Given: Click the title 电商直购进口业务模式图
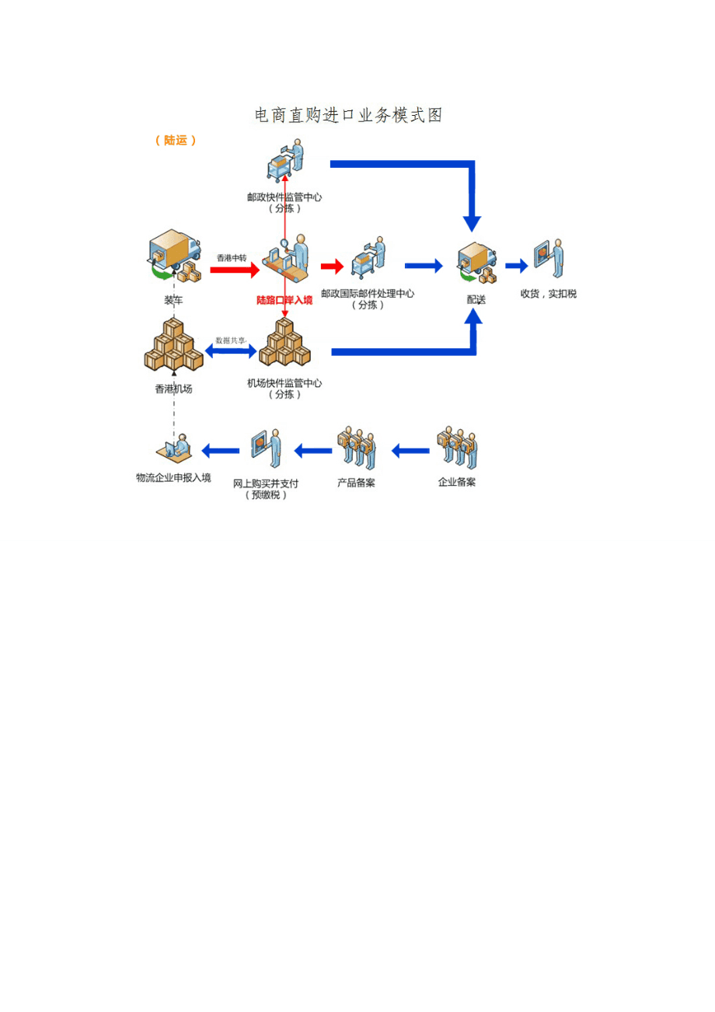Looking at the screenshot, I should (348, 116).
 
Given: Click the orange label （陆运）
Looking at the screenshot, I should (176, 141).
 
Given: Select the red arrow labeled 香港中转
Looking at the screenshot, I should (235, 270).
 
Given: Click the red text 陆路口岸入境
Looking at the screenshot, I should (284, 299).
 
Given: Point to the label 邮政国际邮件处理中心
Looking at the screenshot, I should (368, 294).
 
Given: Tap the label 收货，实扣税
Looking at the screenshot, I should (549, 294).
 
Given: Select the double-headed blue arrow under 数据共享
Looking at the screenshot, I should (231, 352).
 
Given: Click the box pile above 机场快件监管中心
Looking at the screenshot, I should (284, 345).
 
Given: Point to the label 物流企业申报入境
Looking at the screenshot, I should (173, 477).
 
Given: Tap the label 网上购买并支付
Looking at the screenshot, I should (267, 483).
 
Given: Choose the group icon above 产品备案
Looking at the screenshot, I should (357, 448).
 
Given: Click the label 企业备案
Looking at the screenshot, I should (457, 482).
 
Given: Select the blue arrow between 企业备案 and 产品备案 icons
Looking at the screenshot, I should (410, 450).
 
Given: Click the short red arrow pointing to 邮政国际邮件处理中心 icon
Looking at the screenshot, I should (332, 267).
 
